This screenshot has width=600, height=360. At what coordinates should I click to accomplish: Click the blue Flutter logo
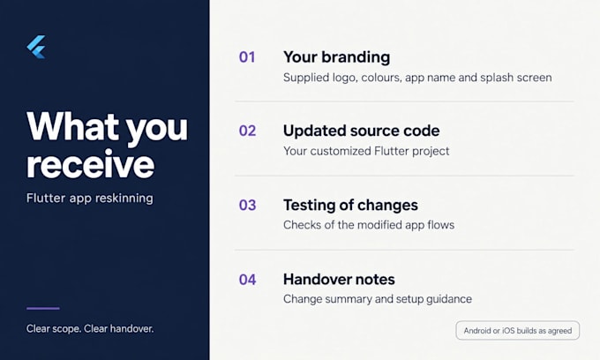(36, 47)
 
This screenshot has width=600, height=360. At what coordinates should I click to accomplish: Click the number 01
(247, 57)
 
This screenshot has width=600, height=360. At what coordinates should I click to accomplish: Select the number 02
(247, 131)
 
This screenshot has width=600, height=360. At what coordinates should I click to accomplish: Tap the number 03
(247, 205)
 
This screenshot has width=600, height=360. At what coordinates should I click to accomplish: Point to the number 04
(247, 280)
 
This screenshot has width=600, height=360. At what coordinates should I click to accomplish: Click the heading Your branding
(337, 57)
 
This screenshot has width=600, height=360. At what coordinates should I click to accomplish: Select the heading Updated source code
(361, 131)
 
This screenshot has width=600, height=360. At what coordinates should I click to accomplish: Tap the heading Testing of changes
(350, 205)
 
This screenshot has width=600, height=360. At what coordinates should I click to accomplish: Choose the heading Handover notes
(339, 280)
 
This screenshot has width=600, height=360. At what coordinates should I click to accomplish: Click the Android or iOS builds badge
(517, 331)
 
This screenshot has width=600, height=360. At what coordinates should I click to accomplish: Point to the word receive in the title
(90, 165)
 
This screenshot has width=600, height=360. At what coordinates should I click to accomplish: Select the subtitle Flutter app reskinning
(90, 199)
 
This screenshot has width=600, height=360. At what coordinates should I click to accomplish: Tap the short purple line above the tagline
(43, 308)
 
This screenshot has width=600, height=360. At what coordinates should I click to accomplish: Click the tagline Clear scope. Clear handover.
(90, 328)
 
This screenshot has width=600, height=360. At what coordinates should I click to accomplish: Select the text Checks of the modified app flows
(369, 225)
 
